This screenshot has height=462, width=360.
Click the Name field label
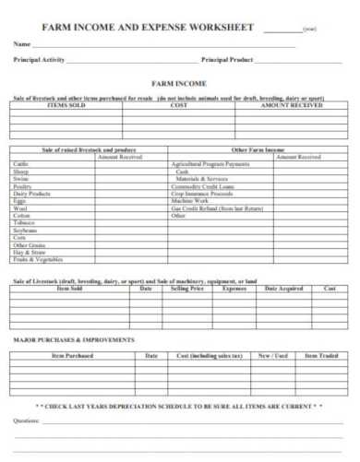pos(20,44)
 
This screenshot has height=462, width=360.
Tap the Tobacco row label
pos(23,223)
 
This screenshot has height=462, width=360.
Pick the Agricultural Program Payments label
pos(210,164)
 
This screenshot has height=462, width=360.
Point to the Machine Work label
pos(190,201)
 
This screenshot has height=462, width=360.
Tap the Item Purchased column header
pos(72,355)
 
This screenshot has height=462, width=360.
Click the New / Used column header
pos(272,355)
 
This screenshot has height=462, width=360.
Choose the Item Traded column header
pos(324,355)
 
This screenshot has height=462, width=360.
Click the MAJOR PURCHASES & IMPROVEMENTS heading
pos(74,339)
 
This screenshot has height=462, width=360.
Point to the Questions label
pos(27,420)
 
